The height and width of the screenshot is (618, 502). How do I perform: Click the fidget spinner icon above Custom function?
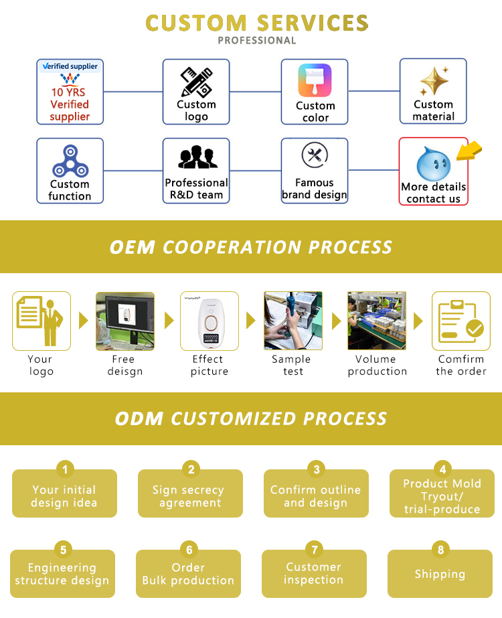(70, 161)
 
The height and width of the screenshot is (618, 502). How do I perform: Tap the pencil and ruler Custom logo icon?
(196, 82)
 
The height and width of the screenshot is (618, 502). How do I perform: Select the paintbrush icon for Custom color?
(315, 82)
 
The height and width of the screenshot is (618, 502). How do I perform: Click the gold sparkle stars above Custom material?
(434, 82)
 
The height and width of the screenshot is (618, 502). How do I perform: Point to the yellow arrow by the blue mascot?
(469, 151)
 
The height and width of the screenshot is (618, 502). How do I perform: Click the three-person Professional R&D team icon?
(196, 159)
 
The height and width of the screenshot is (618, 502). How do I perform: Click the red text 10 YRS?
(69, 92)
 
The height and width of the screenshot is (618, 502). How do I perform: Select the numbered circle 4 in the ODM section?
(442, 469)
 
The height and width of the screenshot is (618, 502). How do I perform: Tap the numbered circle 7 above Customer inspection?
(314, 550)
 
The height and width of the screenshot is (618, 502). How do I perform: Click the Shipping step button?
(440, 574)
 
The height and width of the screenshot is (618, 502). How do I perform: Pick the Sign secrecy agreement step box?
(190, 496)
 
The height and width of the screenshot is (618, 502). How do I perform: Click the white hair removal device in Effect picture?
(210, 321)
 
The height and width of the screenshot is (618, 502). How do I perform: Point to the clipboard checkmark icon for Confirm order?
(461, 321)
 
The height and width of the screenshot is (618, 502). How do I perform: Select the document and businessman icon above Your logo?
(41, 321)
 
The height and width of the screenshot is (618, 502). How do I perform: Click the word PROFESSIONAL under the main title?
(256, 40)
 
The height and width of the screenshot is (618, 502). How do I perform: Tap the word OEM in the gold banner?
(132, 247)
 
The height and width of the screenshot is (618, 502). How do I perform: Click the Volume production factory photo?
(377, 321)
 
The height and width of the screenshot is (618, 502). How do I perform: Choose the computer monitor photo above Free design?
(125, 321)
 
